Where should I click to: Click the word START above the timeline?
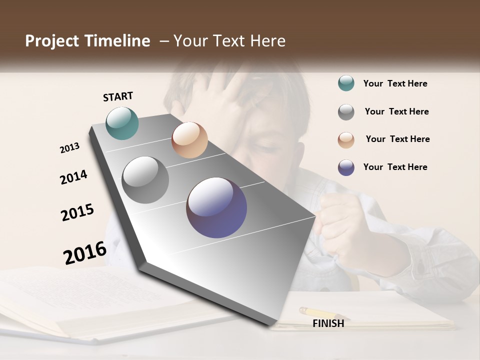click(x=118, y=96)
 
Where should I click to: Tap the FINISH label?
click(x=328, y=323)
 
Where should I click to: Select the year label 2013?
click(x=70, y=148)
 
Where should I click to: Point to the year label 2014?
click(x=74, y=177)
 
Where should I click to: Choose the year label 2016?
click(x=85, y=252)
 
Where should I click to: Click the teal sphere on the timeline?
click(x=122, y=123)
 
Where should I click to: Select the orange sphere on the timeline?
click(x=189, y=140)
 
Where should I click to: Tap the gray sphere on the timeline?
click(x=145, y=180)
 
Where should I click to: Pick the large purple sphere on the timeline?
click(x=216, y=207)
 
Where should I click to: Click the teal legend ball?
click(x=346, y=83)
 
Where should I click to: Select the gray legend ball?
click(x=346, y=112)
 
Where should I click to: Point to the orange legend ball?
click(x=346, y=140)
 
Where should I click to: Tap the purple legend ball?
click(x=346, y=167)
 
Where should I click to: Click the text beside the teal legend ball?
click(x=395, y=83)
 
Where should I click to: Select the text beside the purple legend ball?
click(x=395, y=167)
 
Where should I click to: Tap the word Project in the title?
click(x=52, y=41)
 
